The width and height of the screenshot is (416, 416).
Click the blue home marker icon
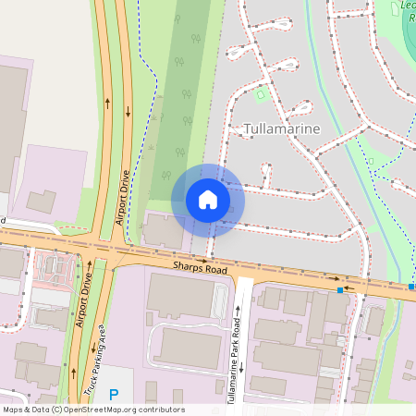coord(207,199)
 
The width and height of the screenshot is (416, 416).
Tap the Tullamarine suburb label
coord(282,128)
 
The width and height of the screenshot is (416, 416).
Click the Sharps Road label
coord(199,268)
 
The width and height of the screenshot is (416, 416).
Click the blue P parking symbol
coord(114,395)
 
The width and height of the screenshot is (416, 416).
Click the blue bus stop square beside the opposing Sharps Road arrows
coord(340,290)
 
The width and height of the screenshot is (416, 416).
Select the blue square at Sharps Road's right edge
coord(411,287)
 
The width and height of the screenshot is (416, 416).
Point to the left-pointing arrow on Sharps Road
coord(349,287)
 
